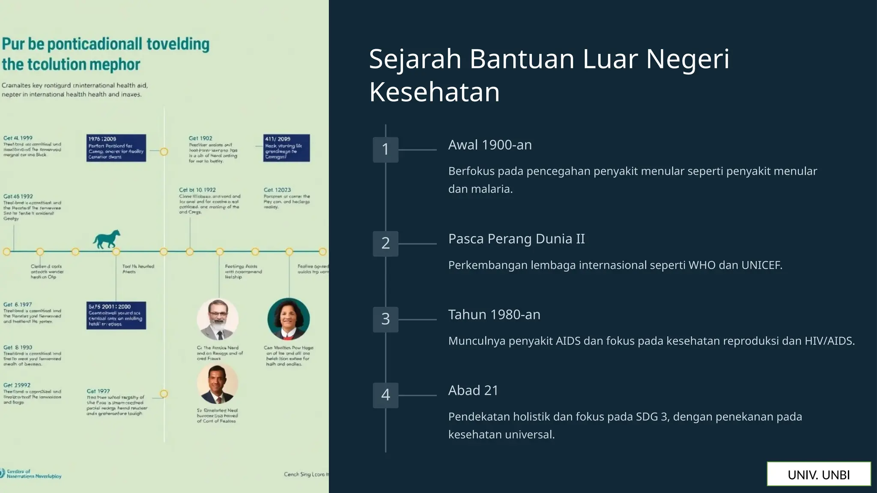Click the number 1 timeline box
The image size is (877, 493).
(385, 149)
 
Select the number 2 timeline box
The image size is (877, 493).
(385, 243)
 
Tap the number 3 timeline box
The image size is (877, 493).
(385, 319)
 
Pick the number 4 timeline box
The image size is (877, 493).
(385, 395)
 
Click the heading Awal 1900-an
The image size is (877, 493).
(490, 145)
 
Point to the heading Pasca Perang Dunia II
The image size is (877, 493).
(516, 239)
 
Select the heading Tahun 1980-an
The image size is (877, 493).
(494, 315)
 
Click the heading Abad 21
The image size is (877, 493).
(473, 390)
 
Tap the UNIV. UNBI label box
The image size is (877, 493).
(818, 474)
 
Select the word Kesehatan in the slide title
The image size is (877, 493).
(434, 92)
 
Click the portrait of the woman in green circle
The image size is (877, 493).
(288, 319)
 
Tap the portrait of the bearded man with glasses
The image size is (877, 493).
(218, 319)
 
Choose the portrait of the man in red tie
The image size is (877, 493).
(218, 383)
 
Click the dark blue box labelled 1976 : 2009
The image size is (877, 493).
(116, 148)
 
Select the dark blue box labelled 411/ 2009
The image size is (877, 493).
(286, 148)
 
